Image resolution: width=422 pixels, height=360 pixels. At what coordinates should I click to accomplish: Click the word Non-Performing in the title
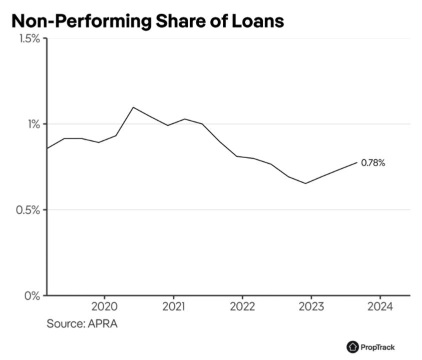coord(82,21)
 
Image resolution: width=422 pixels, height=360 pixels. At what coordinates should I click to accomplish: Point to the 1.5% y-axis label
coord(30,39)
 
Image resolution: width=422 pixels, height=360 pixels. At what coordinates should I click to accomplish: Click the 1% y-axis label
coord(34,124)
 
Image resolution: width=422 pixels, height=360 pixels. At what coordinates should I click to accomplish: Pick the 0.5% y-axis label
coord(28,210)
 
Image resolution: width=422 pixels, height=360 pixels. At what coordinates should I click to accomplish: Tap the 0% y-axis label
coord(33,296)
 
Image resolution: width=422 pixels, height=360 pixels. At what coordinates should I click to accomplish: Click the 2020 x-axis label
coord(105,306)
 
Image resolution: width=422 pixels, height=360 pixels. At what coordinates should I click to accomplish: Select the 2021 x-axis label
coord(174,306)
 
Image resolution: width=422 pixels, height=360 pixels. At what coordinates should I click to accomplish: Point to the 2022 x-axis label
coord(242,306)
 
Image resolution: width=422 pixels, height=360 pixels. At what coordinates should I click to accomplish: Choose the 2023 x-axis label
coord(311,306)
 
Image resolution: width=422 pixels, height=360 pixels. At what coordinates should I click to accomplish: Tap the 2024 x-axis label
coord(380,306)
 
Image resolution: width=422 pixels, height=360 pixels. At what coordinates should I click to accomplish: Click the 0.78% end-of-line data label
coord(373,162)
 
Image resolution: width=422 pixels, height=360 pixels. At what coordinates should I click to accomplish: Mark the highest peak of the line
coord(133,107)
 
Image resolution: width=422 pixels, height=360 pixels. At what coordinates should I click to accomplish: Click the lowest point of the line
coord(306,183)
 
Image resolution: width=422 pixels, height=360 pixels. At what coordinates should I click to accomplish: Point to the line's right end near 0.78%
coord(357,162)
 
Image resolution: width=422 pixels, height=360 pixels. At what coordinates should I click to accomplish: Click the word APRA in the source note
coord(103,323)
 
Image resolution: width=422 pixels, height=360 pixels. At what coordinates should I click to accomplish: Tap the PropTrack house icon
coord(352,347)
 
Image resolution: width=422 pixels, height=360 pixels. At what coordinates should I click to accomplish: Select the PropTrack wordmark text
coord(377,347)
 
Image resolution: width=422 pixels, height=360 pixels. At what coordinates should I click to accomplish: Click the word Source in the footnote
coord(66,323)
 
